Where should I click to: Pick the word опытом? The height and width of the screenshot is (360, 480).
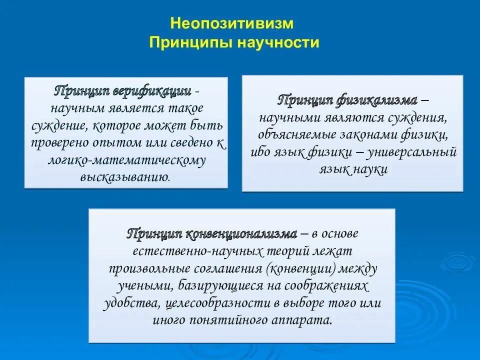(x=116, y=142)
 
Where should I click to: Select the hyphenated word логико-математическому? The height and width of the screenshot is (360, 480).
(x=126, y=160)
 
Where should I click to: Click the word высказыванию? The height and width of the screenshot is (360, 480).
(x=124, y=177)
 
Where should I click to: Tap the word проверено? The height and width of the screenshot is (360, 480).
(x=58, y=142)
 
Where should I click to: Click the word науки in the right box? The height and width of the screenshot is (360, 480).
(x=371, y=169)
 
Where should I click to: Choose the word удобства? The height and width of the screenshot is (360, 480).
(x=129, y=303)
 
